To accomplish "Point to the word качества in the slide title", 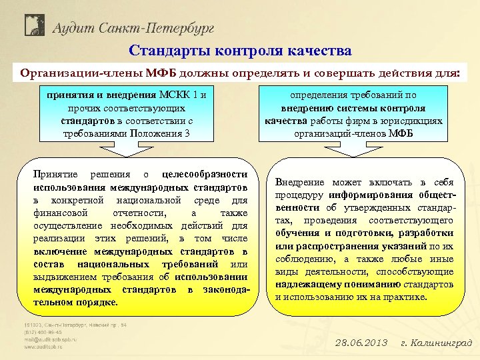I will (x=317, y=51).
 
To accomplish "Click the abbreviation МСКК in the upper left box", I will (x=173, y=95).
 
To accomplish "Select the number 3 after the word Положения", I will (x=187, y=133).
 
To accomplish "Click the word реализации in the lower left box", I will (x=59, y=238).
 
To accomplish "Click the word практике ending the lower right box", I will (x=406, y=296).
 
